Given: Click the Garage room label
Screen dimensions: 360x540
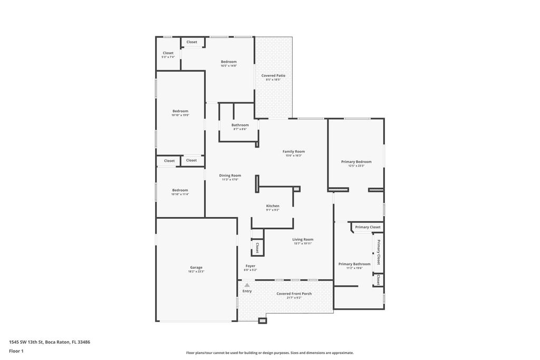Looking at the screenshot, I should (x=196, y=267).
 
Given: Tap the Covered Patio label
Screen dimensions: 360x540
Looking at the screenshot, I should (x=273, y=75).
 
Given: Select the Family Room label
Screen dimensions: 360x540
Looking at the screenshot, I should (x=293, y=151).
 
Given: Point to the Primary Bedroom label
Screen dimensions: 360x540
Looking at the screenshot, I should (x=356, y=162).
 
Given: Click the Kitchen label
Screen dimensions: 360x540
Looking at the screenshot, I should (x=273, y=206).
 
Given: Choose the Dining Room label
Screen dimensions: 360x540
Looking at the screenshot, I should (x=230, y=176).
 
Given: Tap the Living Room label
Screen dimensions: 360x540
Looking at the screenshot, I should (x=303, y=239).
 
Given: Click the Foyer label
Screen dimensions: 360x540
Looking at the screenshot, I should (x=250, y=266).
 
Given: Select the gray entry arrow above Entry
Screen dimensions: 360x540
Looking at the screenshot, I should (x=247, y=285).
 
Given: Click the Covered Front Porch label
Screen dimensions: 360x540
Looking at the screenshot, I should (x=294, y=294).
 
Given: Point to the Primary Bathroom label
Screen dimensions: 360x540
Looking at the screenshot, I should (x=354, y=264).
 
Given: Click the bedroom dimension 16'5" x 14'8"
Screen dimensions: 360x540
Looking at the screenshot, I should (x=228, y=66).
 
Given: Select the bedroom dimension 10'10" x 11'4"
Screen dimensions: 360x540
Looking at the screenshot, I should (x=180, y=194).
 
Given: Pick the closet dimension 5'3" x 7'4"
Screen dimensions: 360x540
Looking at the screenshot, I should (x=168, y=57).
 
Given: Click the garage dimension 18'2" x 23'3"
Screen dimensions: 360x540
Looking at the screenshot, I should (x=196, y=271).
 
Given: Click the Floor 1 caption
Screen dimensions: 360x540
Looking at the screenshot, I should (x=17, y=351).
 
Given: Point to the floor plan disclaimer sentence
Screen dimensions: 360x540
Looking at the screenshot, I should (x=269, y=353).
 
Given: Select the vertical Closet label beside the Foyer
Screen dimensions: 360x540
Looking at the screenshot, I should (x=257, y=248).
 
